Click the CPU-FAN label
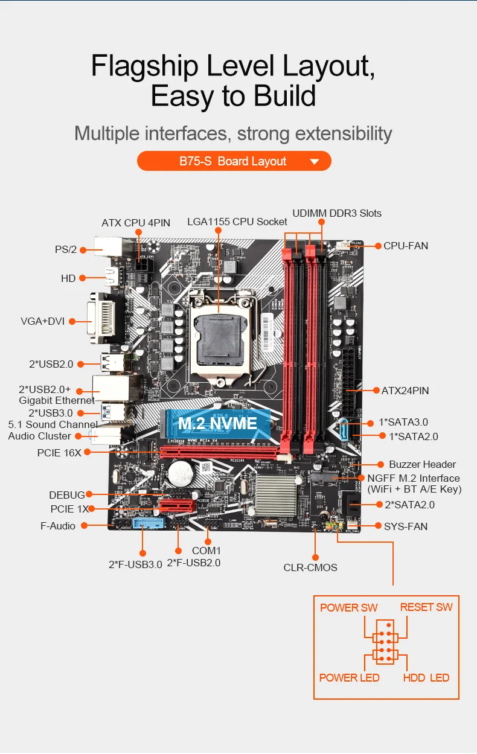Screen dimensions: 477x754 tap(406, 246)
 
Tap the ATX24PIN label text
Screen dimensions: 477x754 tap(405, 391)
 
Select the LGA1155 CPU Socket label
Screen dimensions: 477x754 tap(237, 222)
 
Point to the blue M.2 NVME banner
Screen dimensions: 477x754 tap(217, 423)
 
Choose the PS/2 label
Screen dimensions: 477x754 tap(65, 249)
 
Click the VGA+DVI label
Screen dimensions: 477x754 tap(42, 321)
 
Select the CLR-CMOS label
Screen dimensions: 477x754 tap(310, 567)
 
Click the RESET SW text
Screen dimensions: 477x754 tap(426, 607)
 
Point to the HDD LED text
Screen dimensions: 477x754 tap(426, 677)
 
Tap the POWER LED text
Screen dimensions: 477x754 tap(349, 677)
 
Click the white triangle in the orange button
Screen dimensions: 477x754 tap(314, 162)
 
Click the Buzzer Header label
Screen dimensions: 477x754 tap(422, 464)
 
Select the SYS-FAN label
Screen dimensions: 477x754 tap(406, 526)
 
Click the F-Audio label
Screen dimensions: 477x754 tap(58, 526)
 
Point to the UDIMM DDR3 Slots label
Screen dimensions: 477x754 tap(337, 213)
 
